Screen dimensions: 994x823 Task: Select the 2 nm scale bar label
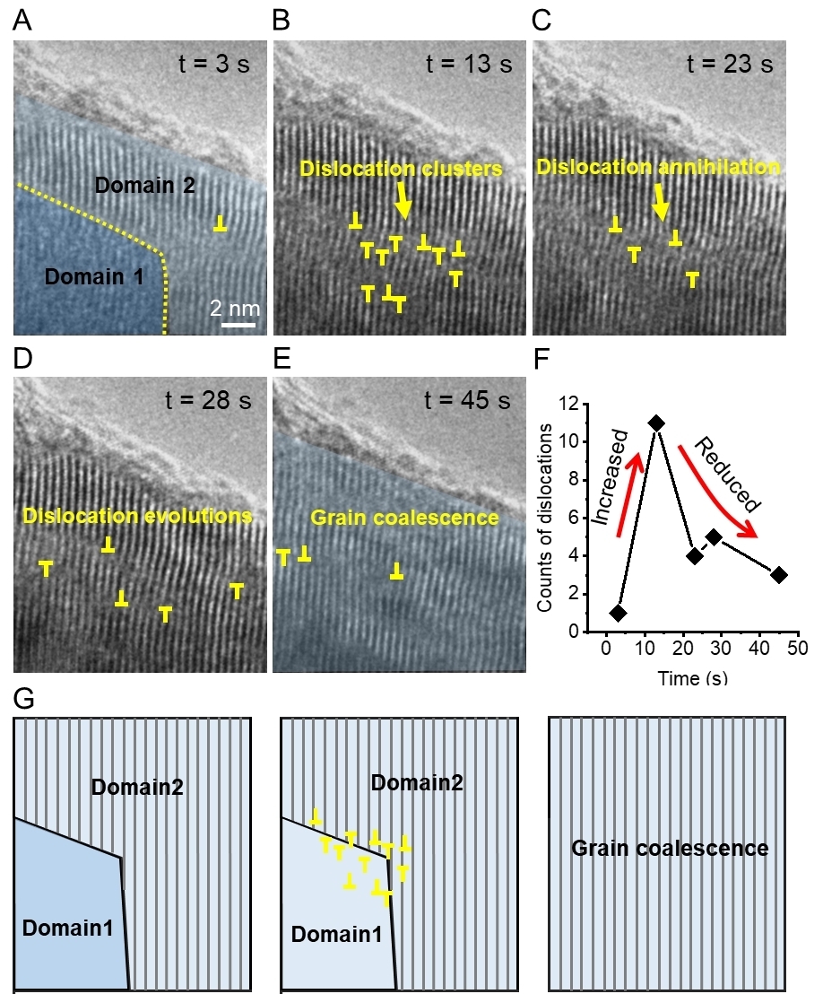tap(235, 309)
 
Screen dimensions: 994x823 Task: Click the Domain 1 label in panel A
tap(94, 277)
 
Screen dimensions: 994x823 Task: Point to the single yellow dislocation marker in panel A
tap(220, 225)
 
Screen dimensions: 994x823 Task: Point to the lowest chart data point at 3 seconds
tap(618, 613)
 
